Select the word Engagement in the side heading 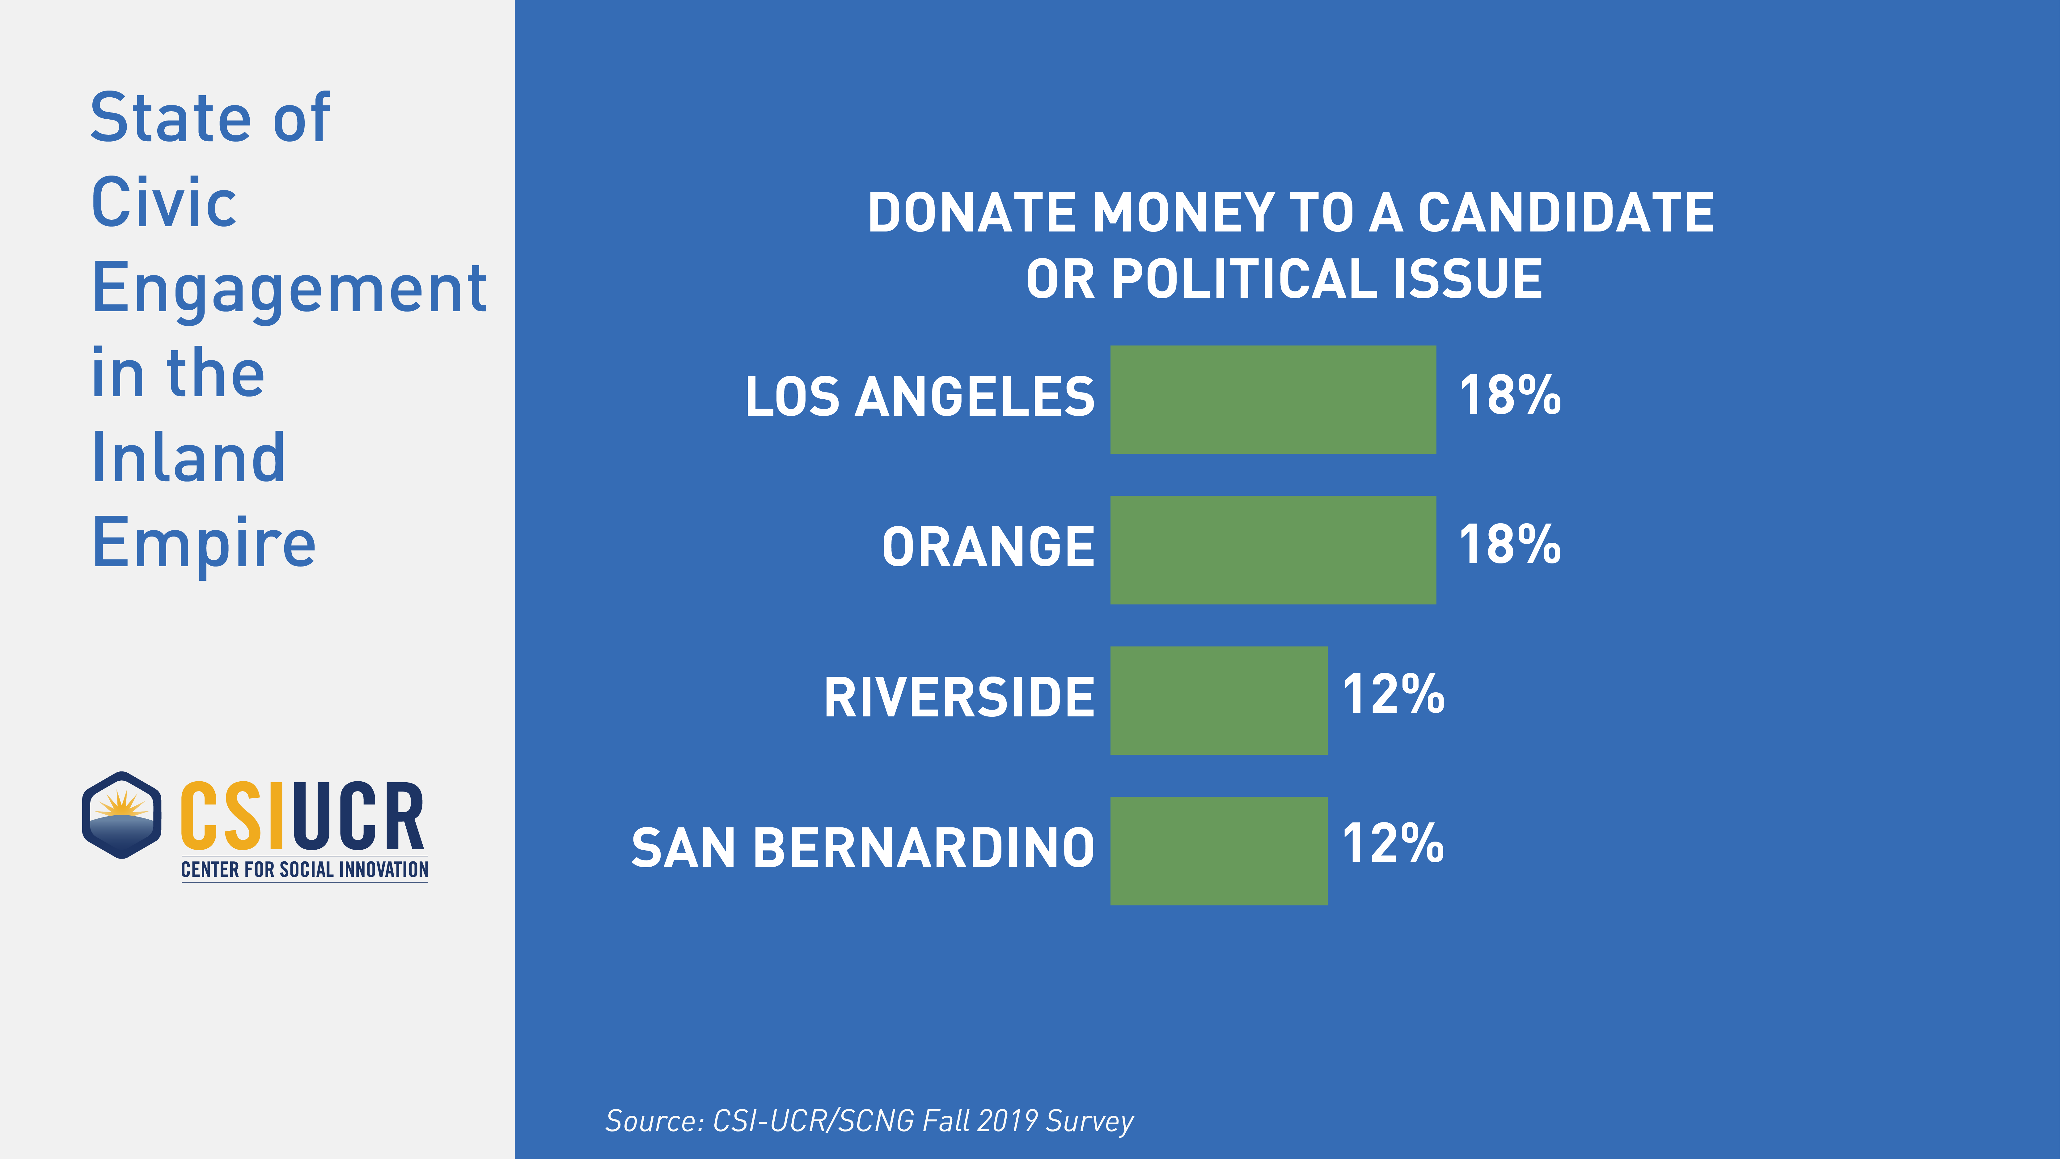pyautogui.click(x=290, y=290)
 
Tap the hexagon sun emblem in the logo pyautogui.click(x=121, y=815)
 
